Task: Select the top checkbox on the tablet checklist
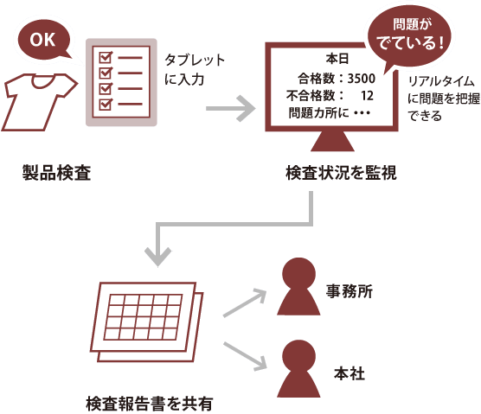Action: pos(106,57)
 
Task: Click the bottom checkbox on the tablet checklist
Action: pos(106,105)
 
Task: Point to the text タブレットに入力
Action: pos(195,69)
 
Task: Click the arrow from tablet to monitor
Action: pos(231,109)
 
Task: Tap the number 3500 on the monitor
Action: pos(361,79)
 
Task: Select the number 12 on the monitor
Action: pos(367,96)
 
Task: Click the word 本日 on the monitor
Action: pos(337,59)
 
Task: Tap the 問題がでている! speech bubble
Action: pos(411,36)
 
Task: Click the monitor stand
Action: pos(332,141)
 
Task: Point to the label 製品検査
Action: pos(56,173)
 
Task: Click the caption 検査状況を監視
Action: pos(341,173)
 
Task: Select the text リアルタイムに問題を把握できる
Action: pos(444,99)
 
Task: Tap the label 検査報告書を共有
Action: pos(149,404)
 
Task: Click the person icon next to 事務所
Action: pos(298,286)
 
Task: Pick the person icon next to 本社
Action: pos(298,368)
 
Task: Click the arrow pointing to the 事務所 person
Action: pos(245,303)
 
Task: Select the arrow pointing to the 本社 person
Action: pos(245,357)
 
